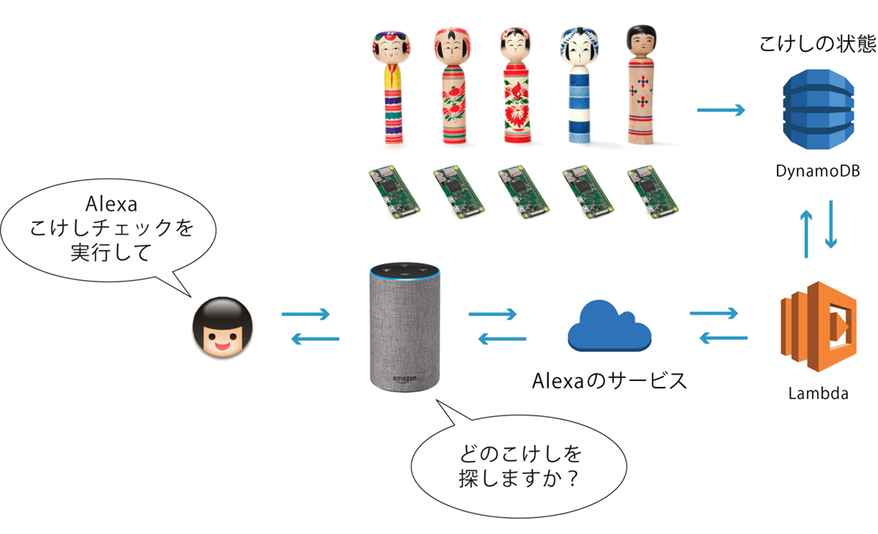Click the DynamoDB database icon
pos(818,109)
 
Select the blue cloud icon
pos(609,327)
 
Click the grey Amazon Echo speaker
pos(404,327)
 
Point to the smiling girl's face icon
pos(223,327)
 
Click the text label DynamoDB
pos(817,171)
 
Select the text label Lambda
pos(818,393)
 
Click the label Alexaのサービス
pos(609,381)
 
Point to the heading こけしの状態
pos(817,44)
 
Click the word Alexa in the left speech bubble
pos(111,204)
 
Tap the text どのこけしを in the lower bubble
pos(520,454)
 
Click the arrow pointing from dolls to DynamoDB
pos(721,110)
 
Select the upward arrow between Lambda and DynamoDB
pos(806,233)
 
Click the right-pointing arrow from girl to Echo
pos(305,314)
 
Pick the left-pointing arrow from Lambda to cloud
pos(723,338)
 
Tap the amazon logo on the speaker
pos(404,379)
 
